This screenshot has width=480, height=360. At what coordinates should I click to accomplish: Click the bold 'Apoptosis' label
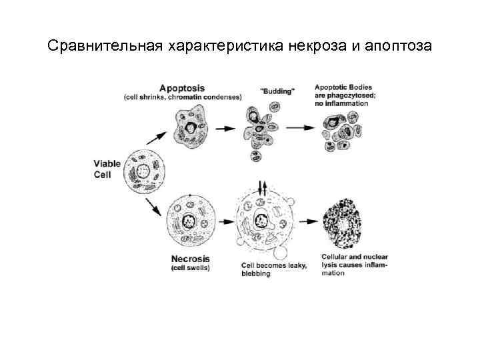(182, 88)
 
